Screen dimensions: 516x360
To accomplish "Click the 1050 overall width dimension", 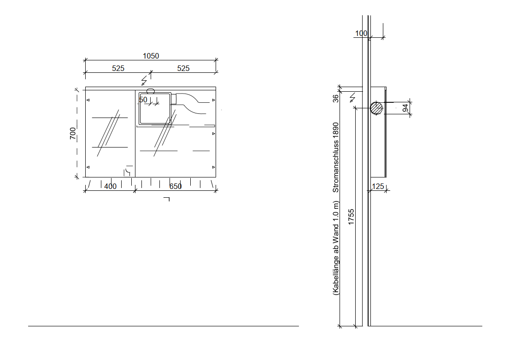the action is pyautogui.click(x=151, y=56).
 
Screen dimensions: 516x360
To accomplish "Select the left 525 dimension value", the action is pyautogui.click(x=118, y=69).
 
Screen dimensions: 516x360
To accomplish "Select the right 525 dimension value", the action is pyautogui.click(x=183, y=69).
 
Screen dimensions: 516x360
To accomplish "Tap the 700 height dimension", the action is pyautogui.click(x=73, y=133).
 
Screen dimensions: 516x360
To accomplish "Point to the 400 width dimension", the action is pyautogui.click(x=110, y=186).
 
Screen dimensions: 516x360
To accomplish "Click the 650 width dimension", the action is pyautogui.click(x=176, y=186).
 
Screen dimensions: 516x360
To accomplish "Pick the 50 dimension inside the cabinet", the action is pyautogui.click(x=143, y=100).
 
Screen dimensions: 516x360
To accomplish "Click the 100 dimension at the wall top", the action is pyautogui.click(x=361, y=34).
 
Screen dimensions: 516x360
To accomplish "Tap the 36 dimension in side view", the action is pyautogui.click(x=335, y=99).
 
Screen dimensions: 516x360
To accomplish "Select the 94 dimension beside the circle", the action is pyautogui.click(x=405, y=108).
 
